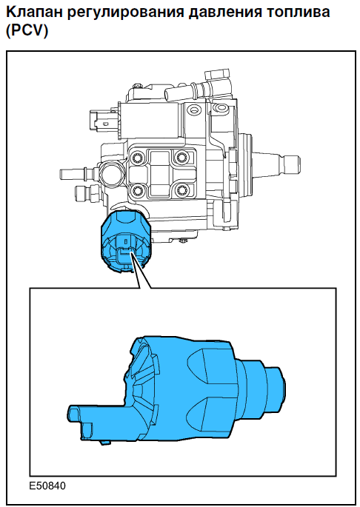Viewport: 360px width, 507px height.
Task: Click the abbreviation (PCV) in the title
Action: pos(27,31)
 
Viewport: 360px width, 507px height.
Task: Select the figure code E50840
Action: pos(47,486)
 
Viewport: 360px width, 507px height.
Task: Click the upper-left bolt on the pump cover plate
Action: pos(137,158)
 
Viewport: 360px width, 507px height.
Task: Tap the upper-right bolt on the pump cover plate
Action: pos(180,158)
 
